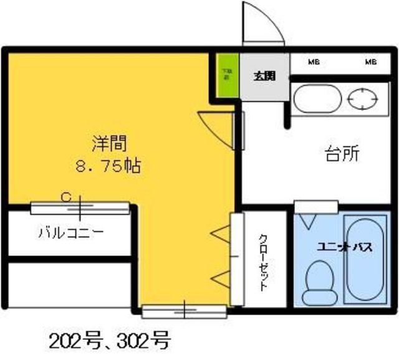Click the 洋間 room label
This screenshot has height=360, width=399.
[x=110, y=144]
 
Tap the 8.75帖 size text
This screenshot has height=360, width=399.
[x=107, y=166]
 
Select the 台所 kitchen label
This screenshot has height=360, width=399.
[x=342, y=154]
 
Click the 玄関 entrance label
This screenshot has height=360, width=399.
[x=265, y=77]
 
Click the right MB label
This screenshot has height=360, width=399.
[x=370, y=62]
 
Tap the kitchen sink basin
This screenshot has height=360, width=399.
[x=317, y=99]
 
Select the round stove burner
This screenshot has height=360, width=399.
[x=363, y=98]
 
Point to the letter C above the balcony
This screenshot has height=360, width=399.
[x=64, y=197]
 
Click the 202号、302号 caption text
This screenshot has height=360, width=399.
[x=110, y=341]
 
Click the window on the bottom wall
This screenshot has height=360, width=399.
[x=184, y=309]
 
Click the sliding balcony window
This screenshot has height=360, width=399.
[x=80, y=208]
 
